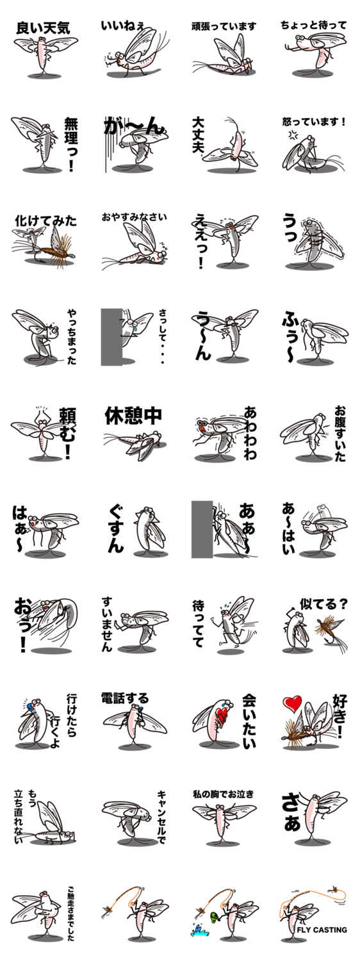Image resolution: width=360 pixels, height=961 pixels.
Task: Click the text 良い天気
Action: pos(43,28)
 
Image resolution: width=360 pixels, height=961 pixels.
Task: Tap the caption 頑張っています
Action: pos(224,27)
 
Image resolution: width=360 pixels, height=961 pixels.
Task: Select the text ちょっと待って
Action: pos(313,26)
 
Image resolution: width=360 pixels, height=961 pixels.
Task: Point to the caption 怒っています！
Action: pos(314,122)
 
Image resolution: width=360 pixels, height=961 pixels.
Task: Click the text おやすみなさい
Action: pos(134,217)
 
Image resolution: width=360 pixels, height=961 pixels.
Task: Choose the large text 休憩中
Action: pos(133,415)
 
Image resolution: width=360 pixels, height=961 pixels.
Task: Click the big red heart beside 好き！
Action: pos(293,703)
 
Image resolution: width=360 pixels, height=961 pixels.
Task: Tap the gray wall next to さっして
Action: pos(111,337)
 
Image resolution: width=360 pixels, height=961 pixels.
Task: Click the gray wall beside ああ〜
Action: pos(202,529)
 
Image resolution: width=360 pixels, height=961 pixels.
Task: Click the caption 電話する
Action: pos(125,698)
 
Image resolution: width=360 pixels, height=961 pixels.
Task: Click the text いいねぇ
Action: pos(123,26)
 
